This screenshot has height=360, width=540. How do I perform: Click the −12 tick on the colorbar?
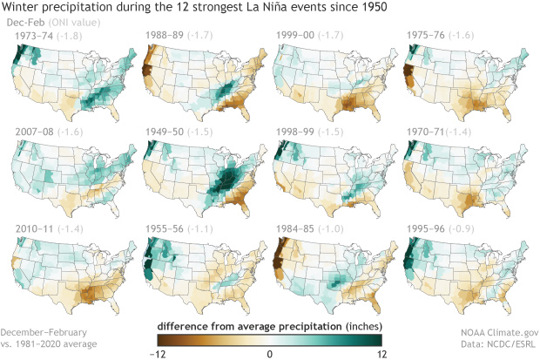pos(160,353)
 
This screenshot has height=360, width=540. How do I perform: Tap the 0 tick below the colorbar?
pos(270,353)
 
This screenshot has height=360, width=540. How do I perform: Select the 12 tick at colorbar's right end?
pos(380,353)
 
